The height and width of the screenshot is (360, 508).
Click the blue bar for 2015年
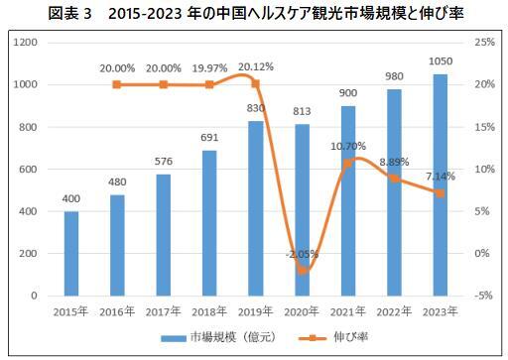pyautogui.click(x=71, y=253)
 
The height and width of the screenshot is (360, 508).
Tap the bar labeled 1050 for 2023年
pyautogui.click(x=440, y=184)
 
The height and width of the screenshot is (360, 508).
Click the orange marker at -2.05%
pyautogui.click(x=304, y=270)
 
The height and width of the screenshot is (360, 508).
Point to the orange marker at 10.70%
pyautogui.click(x=348, y=163)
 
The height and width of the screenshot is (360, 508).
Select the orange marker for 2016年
pyautogui.click(x=118, y=84)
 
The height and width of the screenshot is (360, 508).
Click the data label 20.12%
pyautogui.click(x=256, y=67)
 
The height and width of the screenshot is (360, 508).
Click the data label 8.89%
pyautogui.click(x=393, y=161)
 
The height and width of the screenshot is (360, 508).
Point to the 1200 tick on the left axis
pyautogui.click(x=27, y=43)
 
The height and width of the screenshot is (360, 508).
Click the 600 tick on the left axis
pyautogui.click(x=30, y=169)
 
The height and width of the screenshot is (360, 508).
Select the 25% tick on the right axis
pyautogui.click(x=484, y=43)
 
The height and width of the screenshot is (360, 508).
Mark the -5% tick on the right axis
pyautogui.click(x=484, y=296)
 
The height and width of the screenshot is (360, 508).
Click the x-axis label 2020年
pyautogui.click(x=303, y=311)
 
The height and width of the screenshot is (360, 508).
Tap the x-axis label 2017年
pyautogui.click(x=163, y=311)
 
